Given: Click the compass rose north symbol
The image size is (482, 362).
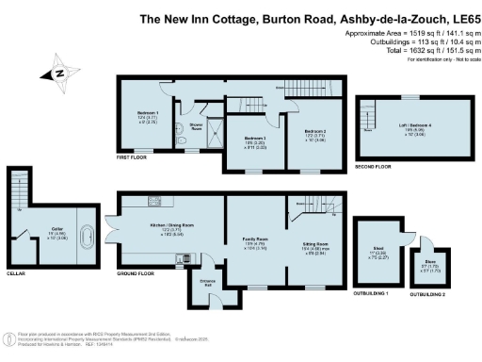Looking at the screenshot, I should coord(57,73).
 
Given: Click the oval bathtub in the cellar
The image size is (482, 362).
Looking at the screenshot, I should coord(86,235).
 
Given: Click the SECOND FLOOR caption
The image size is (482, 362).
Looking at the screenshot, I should coord(373,165).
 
